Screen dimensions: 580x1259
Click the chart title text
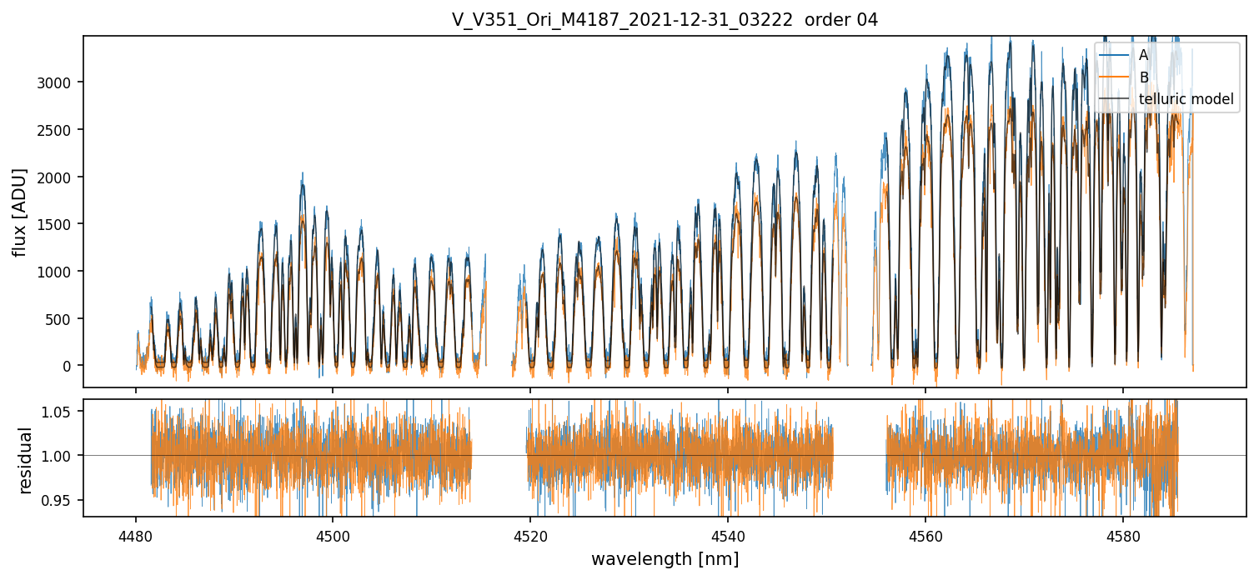point(665,20)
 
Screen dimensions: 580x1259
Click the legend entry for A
point(1143,55)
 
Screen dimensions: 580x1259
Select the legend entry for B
point(1143,77)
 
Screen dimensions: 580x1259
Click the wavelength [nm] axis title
point(665,558)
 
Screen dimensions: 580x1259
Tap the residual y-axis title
point(26,460)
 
